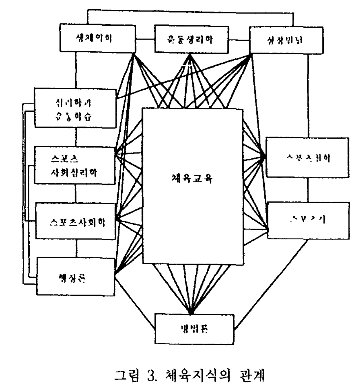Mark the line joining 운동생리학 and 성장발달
coord(239,40)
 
